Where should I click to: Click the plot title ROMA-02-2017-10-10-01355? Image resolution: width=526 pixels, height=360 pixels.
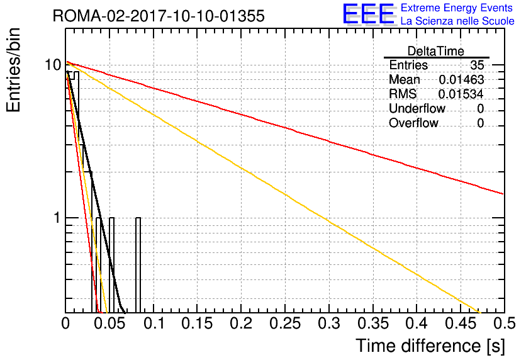(159, 16)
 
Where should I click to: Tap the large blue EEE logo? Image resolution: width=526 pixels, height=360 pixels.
(369, 14)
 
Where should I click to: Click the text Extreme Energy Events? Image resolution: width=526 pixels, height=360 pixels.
(457, 8)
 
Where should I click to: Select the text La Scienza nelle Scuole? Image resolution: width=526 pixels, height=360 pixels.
(457, 21)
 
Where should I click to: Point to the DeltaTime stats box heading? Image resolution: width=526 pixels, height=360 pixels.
(436, 51)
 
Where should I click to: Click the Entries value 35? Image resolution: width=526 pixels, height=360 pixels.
(477, 65)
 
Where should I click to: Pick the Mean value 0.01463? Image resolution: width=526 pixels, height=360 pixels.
(461, 79)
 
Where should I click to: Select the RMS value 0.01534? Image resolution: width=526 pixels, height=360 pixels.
(461, 94)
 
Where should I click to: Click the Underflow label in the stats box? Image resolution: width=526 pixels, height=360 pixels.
(417, 108)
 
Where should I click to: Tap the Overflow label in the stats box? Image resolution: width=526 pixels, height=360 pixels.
(413, 123)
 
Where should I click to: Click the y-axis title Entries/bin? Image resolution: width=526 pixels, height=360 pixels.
(13, 70)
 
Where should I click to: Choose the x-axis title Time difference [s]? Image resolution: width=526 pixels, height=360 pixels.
(430, 346)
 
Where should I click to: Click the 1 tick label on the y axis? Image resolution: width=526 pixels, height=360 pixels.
(58, 218)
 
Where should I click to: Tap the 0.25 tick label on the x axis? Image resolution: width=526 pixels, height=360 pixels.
(285, 323)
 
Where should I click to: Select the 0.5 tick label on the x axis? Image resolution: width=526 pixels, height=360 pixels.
(504, 323)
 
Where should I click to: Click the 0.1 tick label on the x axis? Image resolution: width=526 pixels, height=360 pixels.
(154, 323)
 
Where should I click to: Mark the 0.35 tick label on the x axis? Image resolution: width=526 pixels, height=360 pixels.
(373, 323)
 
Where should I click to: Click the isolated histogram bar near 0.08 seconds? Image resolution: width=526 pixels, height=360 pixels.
(138, 265)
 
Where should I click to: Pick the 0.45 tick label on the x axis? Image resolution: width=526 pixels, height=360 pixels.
(461, 323)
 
